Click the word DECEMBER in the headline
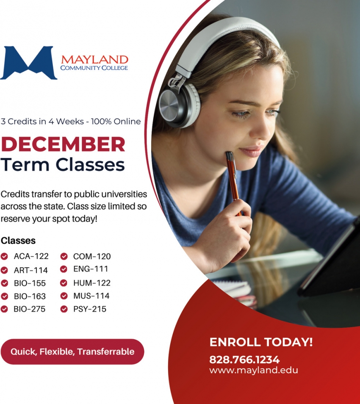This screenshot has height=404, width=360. (63, 144)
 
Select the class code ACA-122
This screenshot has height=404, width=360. (31, 256)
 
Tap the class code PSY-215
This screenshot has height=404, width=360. (90, 309)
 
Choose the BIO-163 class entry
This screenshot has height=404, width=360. (30, 296)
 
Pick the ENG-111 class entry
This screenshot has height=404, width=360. (91, 269)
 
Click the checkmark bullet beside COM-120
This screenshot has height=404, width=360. (64, 256)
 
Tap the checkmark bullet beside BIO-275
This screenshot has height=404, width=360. (4, 309)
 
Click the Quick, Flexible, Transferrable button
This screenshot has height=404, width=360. (72, 352)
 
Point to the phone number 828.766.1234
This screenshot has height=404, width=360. (244, 360)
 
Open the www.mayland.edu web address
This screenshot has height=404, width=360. (254, 370)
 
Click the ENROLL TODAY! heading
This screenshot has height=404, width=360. (261, 342)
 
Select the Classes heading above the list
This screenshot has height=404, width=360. (18, 241)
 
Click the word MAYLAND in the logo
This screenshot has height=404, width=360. (94, 59)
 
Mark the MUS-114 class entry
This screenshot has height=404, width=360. (91, 296)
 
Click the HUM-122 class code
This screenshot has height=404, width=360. (91, 282)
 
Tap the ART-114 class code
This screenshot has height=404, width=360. (30, 270)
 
